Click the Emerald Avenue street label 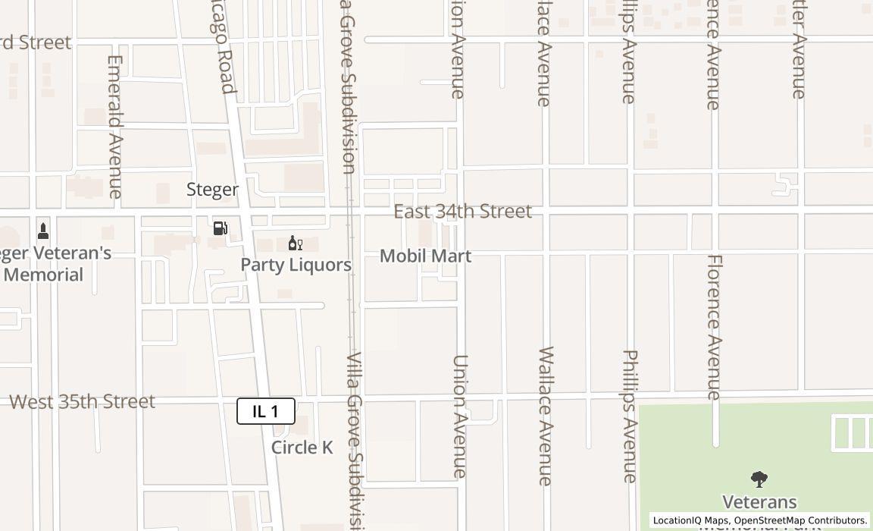pos(115,127)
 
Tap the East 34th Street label pos(462,212)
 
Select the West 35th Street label pos(82,401)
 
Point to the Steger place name pos(212,190)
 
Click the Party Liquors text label pos(296,265)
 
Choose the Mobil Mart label pos(425,256)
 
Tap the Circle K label pos(302,448)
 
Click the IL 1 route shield pos(265,411)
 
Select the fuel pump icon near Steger pos(220,228)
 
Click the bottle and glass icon pos(295,243)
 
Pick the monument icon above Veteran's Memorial pos(43,231)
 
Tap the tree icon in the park pos(759,479)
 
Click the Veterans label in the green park pos(759,501)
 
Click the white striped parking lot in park pos(852,433)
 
